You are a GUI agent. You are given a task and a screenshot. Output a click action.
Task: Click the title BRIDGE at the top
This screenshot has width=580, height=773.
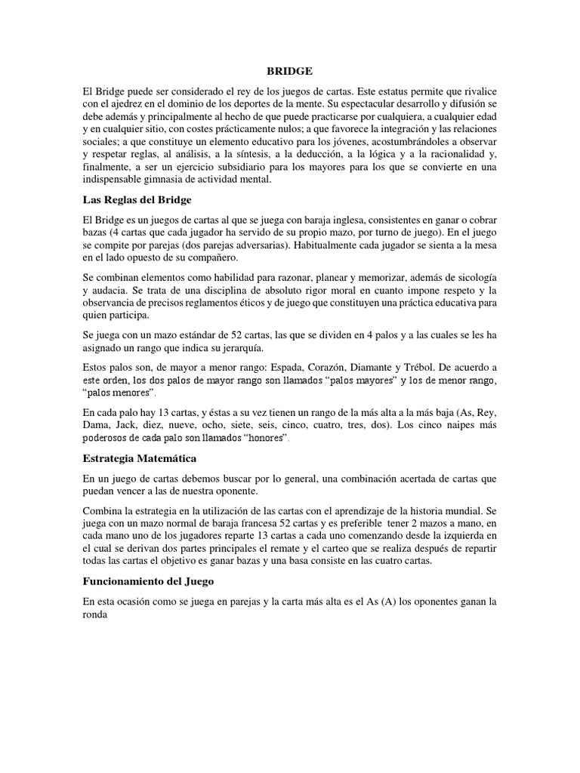point(289,71)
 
